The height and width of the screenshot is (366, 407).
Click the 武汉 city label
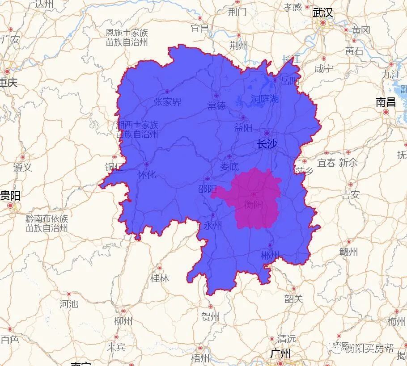(323, 13)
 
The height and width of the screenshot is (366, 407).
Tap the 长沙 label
(267, 144)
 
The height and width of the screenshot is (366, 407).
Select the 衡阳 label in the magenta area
(254, 204)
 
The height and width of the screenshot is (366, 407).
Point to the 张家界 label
(167, 102)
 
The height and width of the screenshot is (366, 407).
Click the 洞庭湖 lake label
(264, 98)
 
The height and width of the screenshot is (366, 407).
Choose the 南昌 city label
(386, 102)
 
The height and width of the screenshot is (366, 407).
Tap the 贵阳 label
(10, 196)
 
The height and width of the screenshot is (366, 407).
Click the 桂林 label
(160, 278)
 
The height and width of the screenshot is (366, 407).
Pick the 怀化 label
(147, 174)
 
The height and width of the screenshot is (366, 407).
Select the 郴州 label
(270, 255)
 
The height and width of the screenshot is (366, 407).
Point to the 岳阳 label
(289, 81)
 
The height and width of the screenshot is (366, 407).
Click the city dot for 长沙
(267, 133)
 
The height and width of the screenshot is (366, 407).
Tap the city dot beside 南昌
(386, 112)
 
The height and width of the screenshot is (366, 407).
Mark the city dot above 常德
(216, 95)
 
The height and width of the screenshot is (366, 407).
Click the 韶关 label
(293, 299)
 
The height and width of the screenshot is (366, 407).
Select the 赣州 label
(349, 252)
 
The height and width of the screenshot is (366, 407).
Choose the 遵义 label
(22, 168)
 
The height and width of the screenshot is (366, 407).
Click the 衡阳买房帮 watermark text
(369, 348)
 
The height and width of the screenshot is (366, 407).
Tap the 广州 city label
(280, 354)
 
